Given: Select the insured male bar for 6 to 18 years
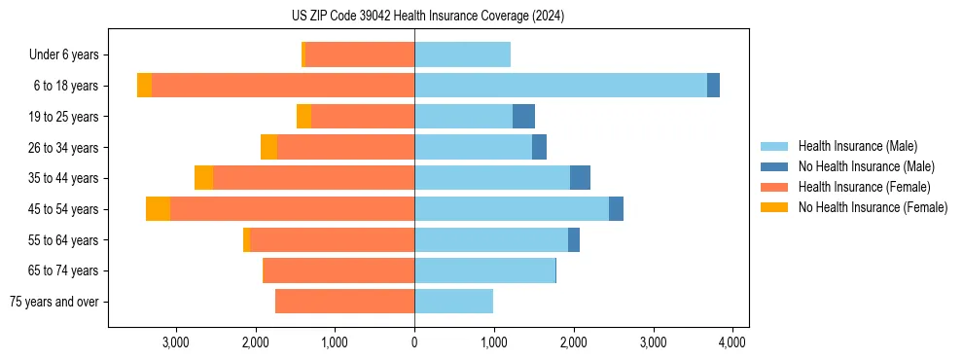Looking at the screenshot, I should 560,86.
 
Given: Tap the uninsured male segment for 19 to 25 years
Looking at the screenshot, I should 523,117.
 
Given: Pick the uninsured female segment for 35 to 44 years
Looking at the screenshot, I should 203,178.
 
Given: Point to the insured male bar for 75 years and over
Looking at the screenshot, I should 453,302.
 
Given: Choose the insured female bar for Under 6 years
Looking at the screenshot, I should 360,54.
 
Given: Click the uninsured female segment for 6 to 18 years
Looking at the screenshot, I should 144,86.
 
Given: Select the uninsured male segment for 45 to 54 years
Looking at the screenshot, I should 616,209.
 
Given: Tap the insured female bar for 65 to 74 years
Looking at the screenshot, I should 339,270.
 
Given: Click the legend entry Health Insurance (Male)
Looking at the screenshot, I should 857,146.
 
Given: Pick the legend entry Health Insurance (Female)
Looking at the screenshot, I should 863,187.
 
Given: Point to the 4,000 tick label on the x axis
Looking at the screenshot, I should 731,342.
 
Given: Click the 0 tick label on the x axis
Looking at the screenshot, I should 414,342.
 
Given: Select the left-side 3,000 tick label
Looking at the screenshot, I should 176,342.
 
